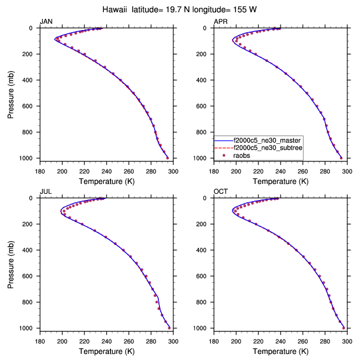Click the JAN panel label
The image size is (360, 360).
pos(46,21)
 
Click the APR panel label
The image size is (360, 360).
pos(221,21)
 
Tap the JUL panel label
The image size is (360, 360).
pos(46,191)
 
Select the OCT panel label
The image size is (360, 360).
pos(221,191)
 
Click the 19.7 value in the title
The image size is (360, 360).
pos(173,9)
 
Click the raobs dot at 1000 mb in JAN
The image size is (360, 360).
pos(167,158)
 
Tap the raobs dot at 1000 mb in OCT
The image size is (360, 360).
pos(344,328)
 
